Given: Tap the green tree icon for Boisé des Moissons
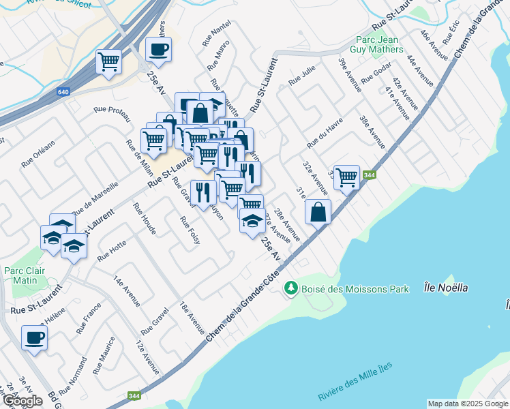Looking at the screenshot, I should [x=292, y=289].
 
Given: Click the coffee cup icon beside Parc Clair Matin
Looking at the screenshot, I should [x=34, y=337].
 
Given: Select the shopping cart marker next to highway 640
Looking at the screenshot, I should [x=109, y=61].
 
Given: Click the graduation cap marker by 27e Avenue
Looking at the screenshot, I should [x=252, y=221].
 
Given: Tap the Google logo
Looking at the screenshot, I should [x=22, y=401].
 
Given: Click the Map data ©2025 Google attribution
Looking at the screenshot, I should [x=468, y=404].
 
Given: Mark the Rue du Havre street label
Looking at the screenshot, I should [x=324, y=133].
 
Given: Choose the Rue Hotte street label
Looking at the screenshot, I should [x=111, y=252].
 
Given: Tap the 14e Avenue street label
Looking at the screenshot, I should [x=127, y=292].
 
